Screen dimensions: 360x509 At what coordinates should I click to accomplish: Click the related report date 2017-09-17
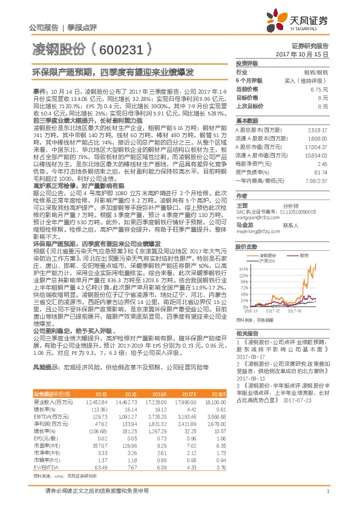[249, 357]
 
